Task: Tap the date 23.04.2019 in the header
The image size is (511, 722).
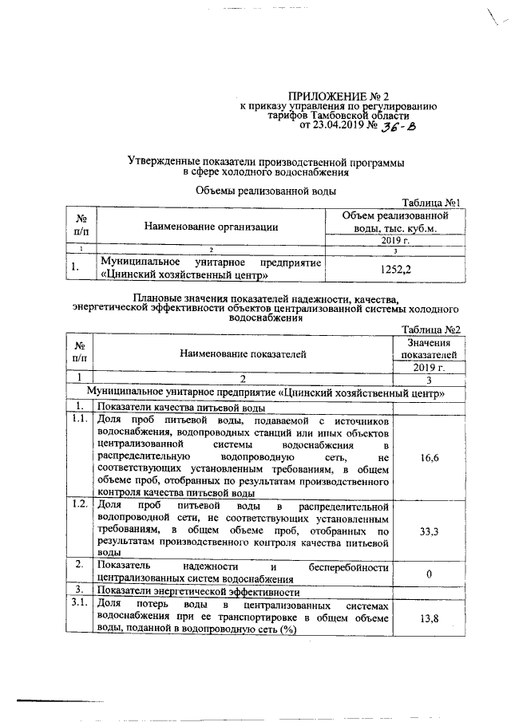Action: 338,125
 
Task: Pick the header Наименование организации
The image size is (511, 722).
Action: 211,227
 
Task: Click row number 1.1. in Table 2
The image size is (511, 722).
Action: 79,420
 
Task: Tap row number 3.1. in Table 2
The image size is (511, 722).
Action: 79,605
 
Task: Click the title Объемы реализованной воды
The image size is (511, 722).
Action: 265,190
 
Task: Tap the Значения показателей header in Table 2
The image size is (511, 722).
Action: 428,348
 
